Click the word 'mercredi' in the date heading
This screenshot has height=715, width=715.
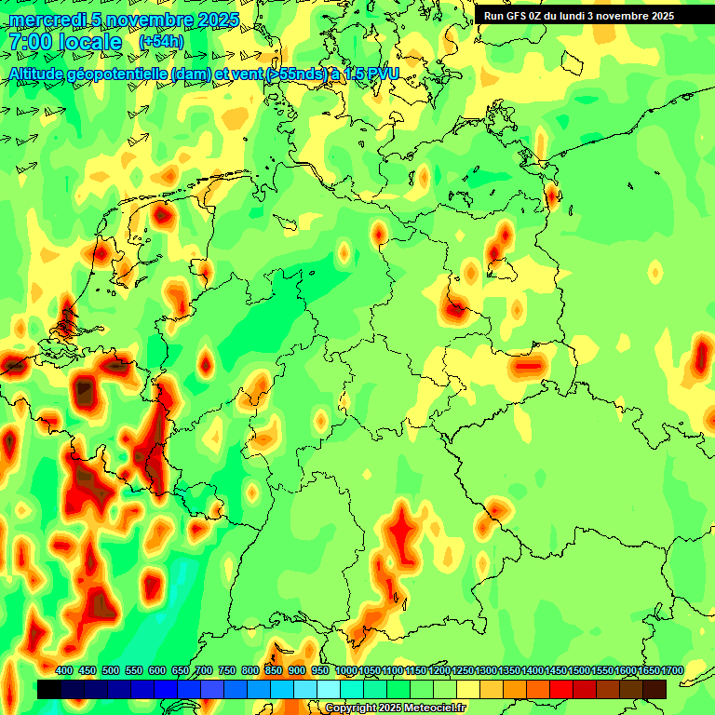tap(45, 20)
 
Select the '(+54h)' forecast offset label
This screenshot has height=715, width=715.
tap(161, 42)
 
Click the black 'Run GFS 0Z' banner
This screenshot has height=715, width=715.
tap(578, 16)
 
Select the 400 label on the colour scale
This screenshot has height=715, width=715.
tap(64, 670)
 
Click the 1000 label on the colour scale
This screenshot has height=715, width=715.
tap(345, 670)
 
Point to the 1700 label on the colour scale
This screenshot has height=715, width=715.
tap(672, 670)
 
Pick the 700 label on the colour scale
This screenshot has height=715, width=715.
tap(204, 670)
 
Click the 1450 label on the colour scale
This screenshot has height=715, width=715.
tap(555, 670)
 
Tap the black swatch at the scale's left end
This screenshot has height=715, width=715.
tap(49, 689)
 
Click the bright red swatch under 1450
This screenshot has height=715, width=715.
tap(561, 689)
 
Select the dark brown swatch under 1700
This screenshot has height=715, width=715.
tap(654, 689)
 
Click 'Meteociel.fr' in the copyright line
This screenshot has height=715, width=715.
tap(434, 708)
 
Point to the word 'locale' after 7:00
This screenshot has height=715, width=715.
tap(90, 42)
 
